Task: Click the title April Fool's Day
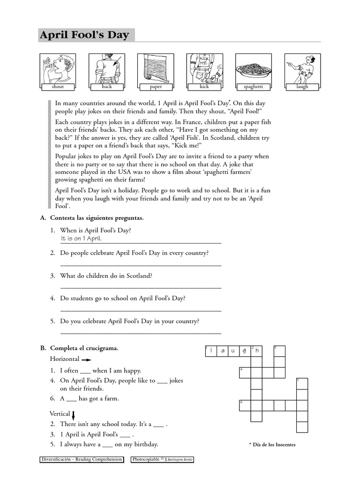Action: click(x=84, y=36)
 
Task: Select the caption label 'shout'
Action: click(x=58, y=87)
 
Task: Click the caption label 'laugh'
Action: click(x=302, y=87)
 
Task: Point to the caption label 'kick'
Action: click(x=204, y=87)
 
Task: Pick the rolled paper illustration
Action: click(x=155, y=68)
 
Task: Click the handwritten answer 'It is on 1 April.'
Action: click(x=81, y=239)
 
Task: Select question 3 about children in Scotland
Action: click(x=106, y=276)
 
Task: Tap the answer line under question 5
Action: click(x=141, y=332)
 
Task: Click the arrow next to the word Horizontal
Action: click(x=86, y=360)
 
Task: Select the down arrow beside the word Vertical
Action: click(x=74, y=414)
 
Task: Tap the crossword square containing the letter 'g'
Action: click(x=245, y=351)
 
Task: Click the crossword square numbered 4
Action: click(x=245, y=373)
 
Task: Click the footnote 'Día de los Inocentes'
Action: click(x=274, y=444)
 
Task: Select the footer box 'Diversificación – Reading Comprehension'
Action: click(x=82, y=459)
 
